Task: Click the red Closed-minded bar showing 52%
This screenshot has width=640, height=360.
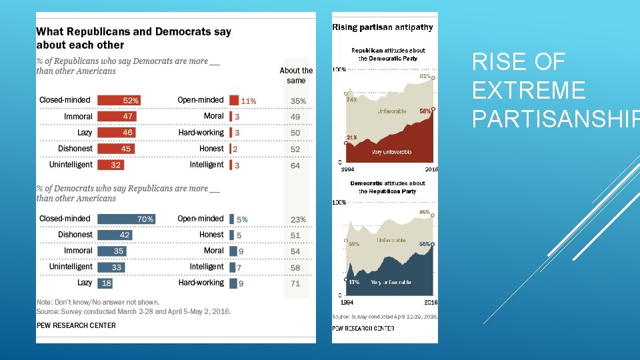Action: click(x=119, y=100)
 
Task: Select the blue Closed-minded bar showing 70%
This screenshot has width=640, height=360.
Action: click(x=127, y=219)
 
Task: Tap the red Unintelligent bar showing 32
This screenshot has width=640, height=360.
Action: click(x=111, y=165)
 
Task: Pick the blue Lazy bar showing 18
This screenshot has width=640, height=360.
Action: click(x=105, y=283)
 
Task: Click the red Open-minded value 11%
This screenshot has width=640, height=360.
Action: click(x=248, y=101)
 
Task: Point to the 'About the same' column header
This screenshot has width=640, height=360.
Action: click(x=296, y=75)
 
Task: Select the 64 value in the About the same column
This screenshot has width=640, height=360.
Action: click(x=295, y=165)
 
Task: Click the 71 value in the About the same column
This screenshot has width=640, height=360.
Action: click(x=295, y=283)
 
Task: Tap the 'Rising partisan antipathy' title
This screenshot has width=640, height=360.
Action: click(x=383, y=27)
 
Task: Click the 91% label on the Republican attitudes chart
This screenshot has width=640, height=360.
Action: click(x=425, y=76)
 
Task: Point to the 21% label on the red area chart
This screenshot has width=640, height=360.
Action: click(x=351, y=137)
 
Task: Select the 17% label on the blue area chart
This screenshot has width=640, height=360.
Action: click(x=354, y=282)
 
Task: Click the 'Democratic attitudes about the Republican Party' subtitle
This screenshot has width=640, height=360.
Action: click(x=387, y=187)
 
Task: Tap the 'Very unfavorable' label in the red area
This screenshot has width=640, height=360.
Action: click(x=391, y=153)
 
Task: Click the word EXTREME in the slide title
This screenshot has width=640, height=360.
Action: click(x=528, y=90)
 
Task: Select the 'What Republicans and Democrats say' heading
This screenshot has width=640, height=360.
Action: click(x=133, y=32)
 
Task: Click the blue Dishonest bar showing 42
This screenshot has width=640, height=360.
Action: click(x=115, y=235)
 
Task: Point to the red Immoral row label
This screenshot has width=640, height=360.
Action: click(x=78, y=116)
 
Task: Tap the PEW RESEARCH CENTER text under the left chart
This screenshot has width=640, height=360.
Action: click(x=76, y=325)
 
